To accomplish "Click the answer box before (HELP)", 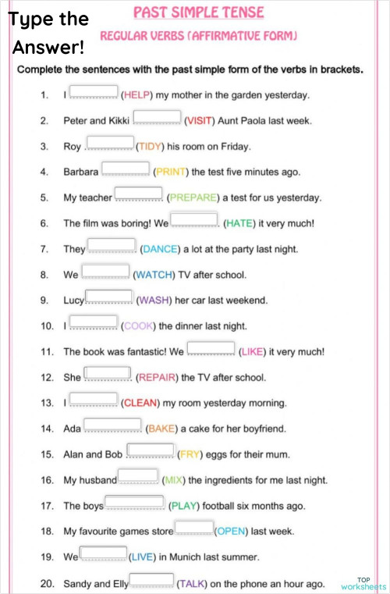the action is tap(94, 93).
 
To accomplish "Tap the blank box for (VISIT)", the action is tap(157, 118).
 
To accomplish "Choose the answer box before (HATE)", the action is tap(193, 220).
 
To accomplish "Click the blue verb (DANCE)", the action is tap(160, 249).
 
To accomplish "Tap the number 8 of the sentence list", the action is tap(44, 275).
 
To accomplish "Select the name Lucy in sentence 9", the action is tap(73, 300).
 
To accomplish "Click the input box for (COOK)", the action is tap(94, 322).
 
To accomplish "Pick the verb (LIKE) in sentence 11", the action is tap(252, 351).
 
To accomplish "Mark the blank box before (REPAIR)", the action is tap(107, 374).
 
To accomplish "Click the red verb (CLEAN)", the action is tap(140, 403).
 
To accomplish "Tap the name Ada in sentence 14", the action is tap(72, 429).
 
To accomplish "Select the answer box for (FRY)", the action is tap(150, 450).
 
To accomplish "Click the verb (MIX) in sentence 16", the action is tap(173, 480).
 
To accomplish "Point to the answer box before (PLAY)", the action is tap(134, 502).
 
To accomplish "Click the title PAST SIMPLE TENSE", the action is tap(198, 12).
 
